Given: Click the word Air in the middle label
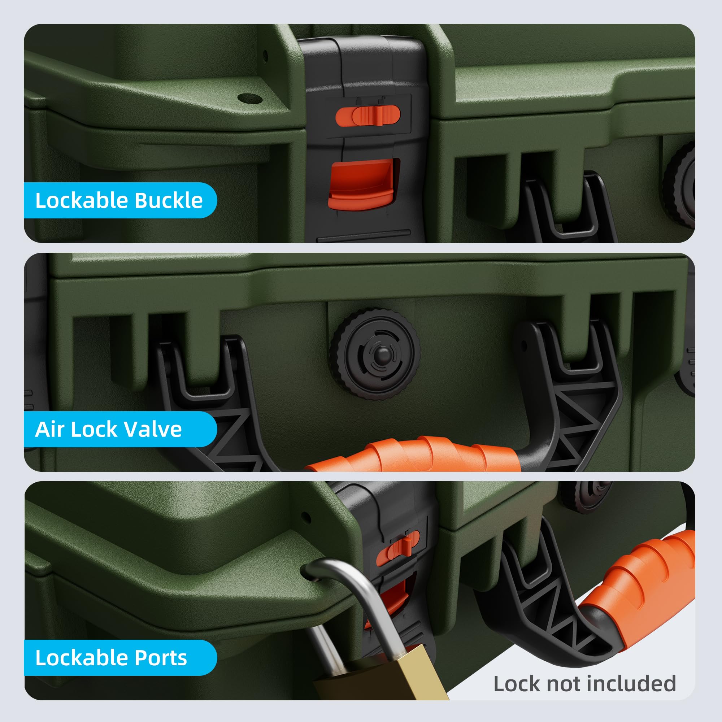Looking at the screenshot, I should click(x=49, y=429).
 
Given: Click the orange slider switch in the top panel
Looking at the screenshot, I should click(x=368, y=116).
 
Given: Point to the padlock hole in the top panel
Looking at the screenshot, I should click(x=250, y=99).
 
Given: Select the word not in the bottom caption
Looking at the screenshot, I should click(x=561, y=684).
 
